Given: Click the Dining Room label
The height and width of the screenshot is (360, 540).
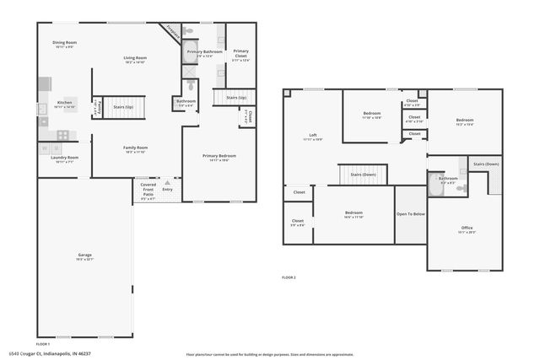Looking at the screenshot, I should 65,44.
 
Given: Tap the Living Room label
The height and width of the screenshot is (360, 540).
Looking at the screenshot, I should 136,60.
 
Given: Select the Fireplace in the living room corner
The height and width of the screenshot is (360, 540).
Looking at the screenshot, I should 172,33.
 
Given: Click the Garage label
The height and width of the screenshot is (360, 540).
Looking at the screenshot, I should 84,256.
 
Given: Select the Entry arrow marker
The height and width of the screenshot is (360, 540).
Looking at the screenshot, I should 167,182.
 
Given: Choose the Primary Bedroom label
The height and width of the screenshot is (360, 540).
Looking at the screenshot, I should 219,157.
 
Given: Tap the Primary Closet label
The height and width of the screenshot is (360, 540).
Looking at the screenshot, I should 241,54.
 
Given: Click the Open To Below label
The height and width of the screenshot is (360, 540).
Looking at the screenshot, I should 411,214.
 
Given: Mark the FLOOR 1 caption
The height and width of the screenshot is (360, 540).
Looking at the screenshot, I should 43,344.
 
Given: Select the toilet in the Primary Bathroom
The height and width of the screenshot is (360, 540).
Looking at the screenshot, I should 190,33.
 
